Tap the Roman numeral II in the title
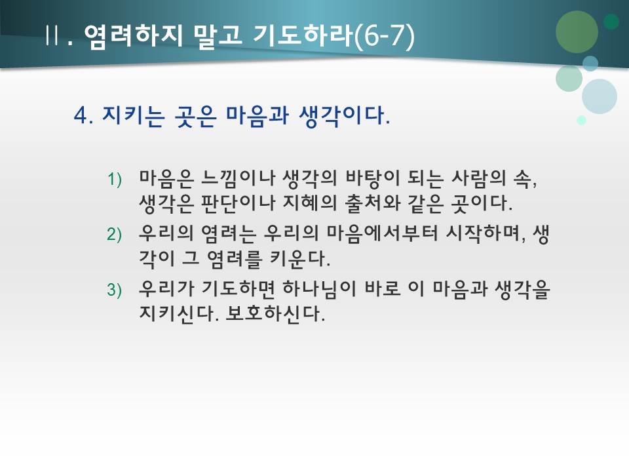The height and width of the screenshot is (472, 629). (x=53, y=36)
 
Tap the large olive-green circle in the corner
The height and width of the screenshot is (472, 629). (x=577, y=31)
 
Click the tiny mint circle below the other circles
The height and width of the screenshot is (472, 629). (x=581, y=120)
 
